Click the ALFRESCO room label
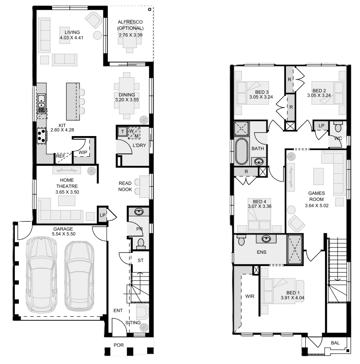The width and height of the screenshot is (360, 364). coord(130,22)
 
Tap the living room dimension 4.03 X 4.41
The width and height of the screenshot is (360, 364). coord(71,38)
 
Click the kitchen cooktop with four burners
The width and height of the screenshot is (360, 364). coord(42,136)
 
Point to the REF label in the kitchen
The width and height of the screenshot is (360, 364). coord(60,156)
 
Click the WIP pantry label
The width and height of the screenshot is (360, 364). coord(83,153)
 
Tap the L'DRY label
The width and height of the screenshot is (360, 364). coord(139,145)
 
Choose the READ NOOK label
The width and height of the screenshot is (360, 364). coord(125,186)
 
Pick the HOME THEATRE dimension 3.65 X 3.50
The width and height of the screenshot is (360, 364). coord(67,192)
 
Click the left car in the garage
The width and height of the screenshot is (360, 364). coord(41,275)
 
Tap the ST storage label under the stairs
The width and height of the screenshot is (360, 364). coord(141,260)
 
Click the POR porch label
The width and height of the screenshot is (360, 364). coord(119,345)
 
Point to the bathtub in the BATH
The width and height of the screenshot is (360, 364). coord(242,151)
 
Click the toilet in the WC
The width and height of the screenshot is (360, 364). coord(338,127)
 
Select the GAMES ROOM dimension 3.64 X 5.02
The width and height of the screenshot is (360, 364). coord(317,206)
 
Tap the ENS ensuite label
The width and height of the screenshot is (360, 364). coord(261,252)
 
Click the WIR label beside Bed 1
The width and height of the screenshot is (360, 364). coord(250,296)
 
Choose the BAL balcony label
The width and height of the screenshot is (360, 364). coord(335,343)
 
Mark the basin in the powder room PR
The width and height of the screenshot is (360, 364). coord(139,212)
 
